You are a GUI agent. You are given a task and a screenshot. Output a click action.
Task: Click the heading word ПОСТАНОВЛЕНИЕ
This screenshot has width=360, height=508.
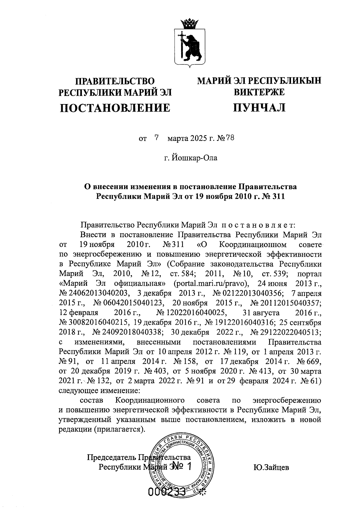[x=115, y=107]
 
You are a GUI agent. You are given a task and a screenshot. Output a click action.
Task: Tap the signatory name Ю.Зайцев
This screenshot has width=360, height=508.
[x=271, y=467]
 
